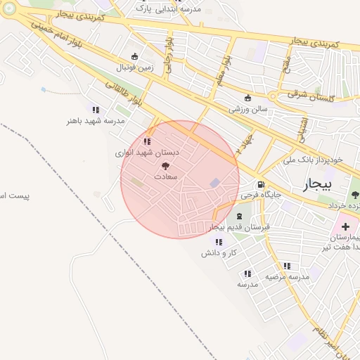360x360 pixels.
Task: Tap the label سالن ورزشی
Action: pos(246,109)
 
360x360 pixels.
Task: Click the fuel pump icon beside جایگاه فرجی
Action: pos(262,193)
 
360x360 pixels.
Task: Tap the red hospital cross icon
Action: pos(345,226)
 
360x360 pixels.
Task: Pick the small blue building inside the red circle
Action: pos(214,183)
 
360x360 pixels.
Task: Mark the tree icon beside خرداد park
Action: pos(355,194)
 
